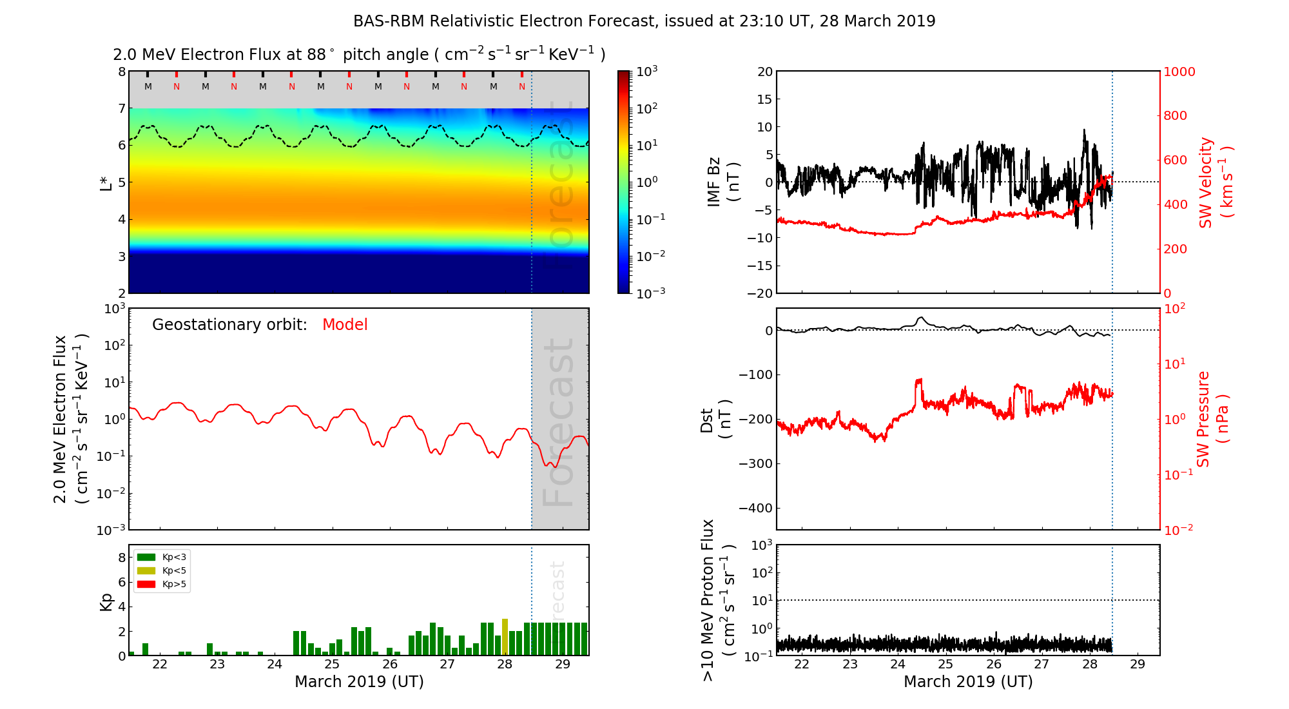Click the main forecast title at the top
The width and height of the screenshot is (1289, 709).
(644, 21)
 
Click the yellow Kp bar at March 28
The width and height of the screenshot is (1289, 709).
(505, 637)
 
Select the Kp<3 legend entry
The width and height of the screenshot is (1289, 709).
(162, 557)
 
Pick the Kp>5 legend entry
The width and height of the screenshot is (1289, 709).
(162, 585)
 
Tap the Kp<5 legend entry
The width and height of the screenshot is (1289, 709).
(162, 570)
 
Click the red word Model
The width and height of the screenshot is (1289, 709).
(345, 325)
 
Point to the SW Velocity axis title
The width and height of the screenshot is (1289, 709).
(1216, 182)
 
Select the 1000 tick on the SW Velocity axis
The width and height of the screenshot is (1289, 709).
(1179, 72)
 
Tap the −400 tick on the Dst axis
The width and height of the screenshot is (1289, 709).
(755, 508)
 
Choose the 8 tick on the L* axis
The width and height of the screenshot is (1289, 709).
(121, 72)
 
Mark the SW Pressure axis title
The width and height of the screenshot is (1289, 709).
(1212, 419)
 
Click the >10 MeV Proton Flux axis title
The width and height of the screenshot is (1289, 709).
(717, 600)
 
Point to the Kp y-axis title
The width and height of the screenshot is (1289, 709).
(106, 601)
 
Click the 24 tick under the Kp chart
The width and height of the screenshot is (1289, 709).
(275, 665)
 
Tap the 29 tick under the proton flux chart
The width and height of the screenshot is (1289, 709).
(1138, 665)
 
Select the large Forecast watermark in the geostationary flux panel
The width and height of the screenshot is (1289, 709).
(558, 422)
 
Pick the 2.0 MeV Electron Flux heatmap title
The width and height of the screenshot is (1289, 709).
(359, 55)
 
